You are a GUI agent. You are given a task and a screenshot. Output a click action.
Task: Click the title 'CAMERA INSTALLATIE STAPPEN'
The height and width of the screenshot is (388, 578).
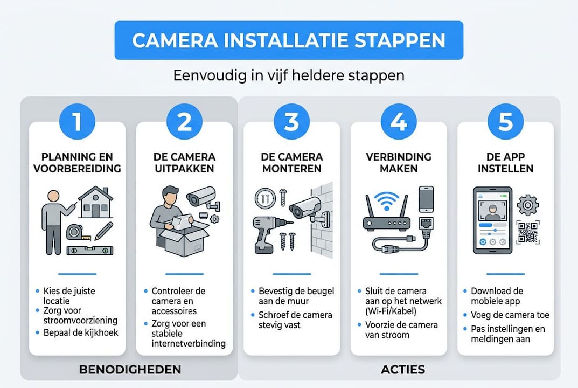coord(289,41)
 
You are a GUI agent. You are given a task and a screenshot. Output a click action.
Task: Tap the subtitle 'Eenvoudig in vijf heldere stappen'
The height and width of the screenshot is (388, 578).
coord(289,75)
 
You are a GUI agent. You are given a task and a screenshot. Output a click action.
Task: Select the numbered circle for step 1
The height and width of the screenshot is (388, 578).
coord(77,122)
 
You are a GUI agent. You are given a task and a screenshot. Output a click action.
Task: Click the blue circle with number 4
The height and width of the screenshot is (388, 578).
coord(399,122)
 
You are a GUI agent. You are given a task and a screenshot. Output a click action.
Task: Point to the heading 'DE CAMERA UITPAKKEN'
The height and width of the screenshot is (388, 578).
coord(184,162)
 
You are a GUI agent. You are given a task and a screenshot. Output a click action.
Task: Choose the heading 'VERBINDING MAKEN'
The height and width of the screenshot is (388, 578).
coord(399,162)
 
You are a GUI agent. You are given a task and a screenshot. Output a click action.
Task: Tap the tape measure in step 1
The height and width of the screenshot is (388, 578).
coord(76,232)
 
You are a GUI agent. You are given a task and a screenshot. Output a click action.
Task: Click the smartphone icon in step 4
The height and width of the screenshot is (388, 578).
coord(426,199)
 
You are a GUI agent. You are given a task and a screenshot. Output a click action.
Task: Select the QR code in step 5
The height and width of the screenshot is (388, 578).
coord(527,233)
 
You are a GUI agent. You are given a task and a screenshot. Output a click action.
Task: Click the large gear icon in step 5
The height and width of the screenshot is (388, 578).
coord(526,205)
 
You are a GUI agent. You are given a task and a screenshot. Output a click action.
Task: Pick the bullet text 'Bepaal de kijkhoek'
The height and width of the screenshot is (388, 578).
coord(80,332)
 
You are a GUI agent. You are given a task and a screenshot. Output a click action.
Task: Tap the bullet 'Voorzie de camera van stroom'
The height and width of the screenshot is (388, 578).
coord(397,330)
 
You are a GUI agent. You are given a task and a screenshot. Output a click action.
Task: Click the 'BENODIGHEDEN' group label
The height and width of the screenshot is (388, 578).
coord(130,370)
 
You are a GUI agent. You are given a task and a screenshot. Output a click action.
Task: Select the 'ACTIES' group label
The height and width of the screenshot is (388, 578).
coord(399,370)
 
